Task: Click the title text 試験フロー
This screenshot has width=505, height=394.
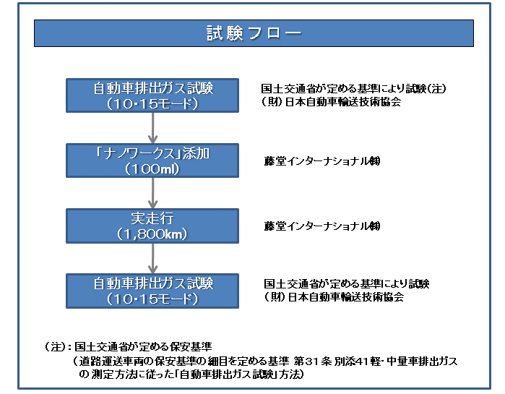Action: click(x=253, y=33)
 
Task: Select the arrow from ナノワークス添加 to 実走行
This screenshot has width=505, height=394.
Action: click(x=153, y=193)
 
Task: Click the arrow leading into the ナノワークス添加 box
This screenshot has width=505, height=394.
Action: click(x=153, y=128)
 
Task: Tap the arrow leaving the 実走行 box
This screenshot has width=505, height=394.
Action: click(x=153, y=258)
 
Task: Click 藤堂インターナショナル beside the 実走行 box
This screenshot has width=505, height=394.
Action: click(x=321, y=226)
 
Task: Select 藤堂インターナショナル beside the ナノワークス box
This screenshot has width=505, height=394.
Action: click(x=321, y=161)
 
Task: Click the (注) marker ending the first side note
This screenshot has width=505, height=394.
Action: click(x=438, y=89)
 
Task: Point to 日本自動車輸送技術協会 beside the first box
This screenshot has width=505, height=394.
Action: click(x=340, y=102)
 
